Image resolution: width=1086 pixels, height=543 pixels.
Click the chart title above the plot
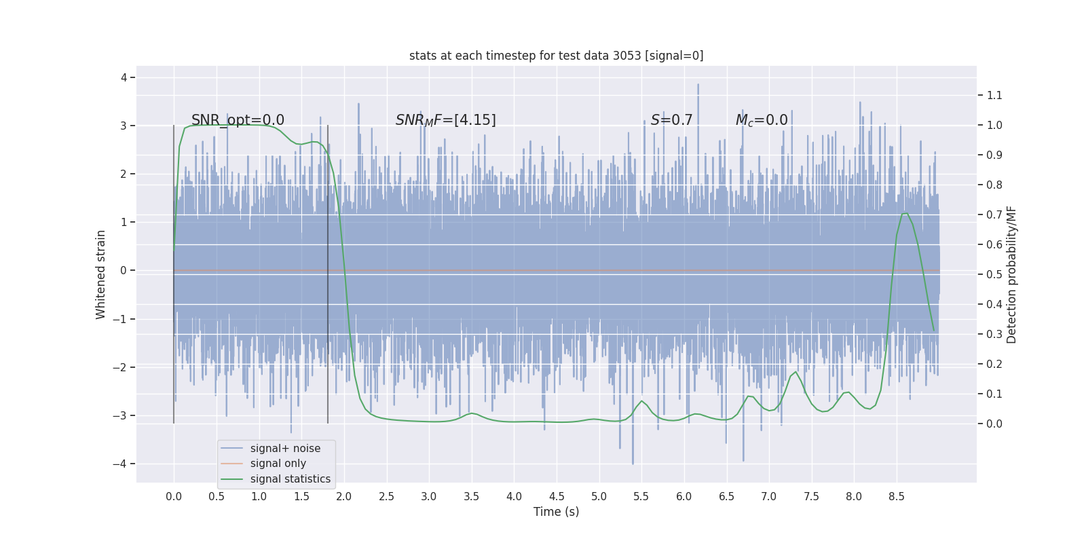pos(556,56)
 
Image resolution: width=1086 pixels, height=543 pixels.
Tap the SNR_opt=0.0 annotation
pos(238,120)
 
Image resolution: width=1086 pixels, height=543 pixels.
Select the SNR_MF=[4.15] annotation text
pos(445,120)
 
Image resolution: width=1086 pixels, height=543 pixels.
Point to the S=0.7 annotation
pos(671,120)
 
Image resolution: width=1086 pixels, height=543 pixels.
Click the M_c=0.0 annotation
pos(762,120)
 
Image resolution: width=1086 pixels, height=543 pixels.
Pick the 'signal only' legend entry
pos(278,464)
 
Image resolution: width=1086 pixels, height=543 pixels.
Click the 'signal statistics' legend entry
pos(290,479)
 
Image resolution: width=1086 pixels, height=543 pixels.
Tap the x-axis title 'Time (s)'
pos(556,512)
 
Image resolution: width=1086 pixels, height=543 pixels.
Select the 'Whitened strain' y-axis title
pos(101,274)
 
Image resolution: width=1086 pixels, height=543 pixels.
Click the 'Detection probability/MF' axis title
pos(1011,274)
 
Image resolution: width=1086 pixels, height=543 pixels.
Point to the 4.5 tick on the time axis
pos(557,496)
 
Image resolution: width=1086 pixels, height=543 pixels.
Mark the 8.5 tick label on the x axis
pos(896,496)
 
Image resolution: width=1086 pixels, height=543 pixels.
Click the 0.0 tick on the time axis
pos(174,496)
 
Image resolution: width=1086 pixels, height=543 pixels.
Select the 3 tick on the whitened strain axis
pos(124,126)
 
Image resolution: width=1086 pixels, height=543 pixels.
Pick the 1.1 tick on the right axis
pos(994,95)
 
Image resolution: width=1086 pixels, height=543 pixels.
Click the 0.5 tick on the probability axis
pos(994,274)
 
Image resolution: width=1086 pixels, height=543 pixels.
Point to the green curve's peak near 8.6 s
pos(905,214)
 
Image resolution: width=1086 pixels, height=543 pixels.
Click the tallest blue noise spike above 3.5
pos(698,86)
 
